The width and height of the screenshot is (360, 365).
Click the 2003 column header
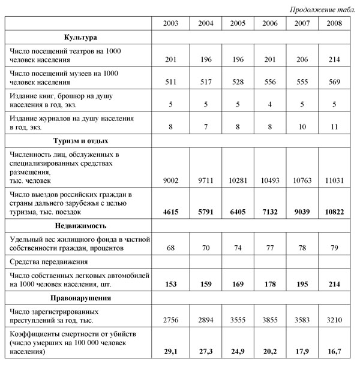[170, 23]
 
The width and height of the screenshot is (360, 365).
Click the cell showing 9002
[170, 180]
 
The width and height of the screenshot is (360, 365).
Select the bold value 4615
[170, 212]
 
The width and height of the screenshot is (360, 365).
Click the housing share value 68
[170, 247]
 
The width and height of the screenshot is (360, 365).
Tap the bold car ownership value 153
[170, 283]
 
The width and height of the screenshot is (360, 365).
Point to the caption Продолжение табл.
[322, 9]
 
